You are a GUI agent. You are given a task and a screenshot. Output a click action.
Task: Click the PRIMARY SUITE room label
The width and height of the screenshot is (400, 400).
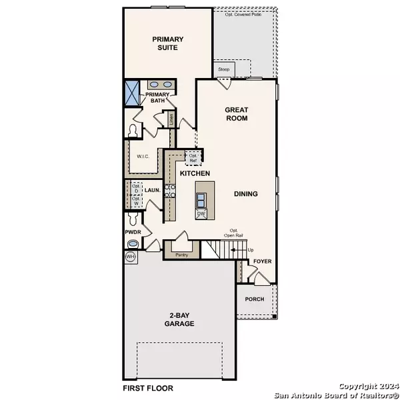(167, 43)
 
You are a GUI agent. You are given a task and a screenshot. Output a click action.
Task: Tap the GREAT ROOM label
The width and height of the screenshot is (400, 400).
(236, 113)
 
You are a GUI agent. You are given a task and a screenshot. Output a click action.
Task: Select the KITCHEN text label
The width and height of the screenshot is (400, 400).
(195, 173)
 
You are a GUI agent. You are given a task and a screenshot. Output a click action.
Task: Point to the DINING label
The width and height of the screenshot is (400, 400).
(245, 194)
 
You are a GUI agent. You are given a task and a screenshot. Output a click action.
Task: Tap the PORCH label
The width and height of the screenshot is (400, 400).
(255, 299)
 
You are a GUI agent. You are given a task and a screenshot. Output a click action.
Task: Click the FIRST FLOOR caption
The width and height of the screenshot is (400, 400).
(147, 387)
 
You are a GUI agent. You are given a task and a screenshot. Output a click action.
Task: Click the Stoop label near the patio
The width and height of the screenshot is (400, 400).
(222, 69)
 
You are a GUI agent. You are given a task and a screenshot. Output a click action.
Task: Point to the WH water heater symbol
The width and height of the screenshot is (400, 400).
(129, 256)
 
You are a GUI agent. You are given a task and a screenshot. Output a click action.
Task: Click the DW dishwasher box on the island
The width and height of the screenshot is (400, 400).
(200, 214)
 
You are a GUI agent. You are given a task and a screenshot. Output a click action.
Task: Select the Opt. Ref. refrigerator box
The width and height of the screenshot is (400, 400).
(193, 159)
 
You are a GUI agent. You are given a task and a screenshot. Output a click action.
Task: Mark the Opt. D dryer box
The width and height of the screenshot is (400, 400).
(135, 189)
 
